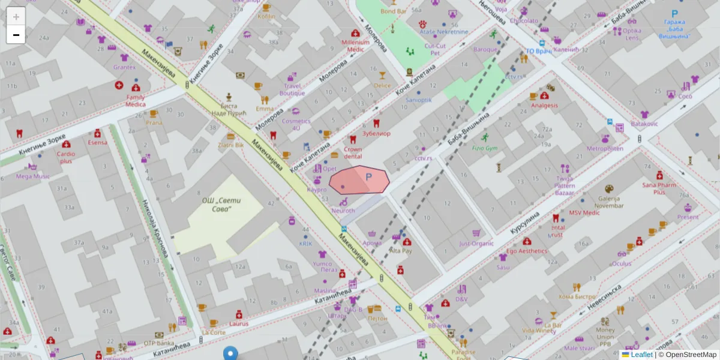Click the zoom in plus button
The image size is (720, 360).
(x=16, y=17)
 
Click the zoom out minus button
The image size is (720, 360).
(x=16, y=35)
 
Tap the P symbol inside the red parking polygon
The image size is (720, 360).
(x=369, y=177)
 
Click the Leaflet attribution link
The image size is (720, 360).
(x=641, y=355)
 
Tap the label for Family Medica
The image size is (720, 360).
(x=135, y=100)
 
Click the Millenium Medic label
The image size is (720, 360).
(x=355, y=46)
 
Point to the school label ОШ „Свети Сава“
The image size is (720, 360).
(x=220, y=205)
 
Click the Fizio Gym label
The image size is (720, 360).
(x=485, y=148)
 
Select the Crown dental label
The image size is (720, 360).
(x=353, y=152)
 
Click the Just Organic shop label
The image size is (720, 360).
(x=476, y=244)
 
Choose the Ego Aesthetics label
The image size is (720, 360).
(x=526, y=251)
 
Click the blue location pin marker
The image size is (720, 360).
(x=230, y=353)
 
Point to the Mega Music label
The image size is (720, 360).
(x=33, y=176)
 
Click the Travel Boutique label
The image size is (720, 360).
(x=292, y=89)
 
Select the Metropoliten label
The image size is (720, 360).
(x=605, y=148)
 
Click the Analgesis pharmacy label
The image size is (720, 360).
(x=544, y=105)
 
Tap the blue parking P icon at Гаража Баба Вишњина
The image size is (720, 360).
(x=674, y=14)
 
